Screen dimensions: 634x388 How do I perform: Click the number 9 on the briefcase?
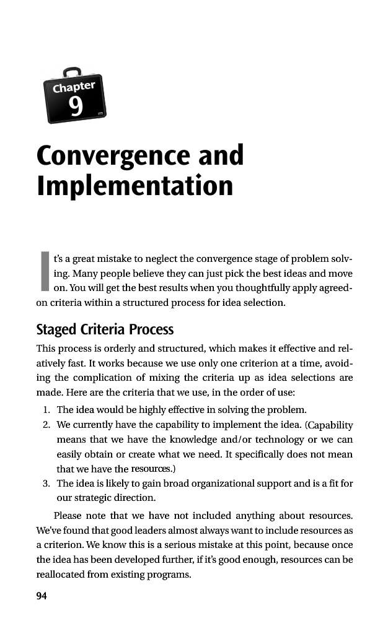[x=76, y=106]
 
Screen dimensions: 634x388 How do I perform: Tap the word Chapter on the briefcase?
[x=74, y=87]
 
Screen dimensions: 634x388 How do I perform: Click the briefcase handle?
[x=71, y=72]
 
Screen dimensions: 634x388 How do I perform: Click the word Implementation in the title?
[x=135, y=186]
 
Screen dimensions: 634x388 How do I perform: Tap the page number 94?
[x=42, y=596]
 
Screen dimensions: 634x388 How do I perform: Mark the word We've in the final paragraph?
[x=50, y=530]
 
